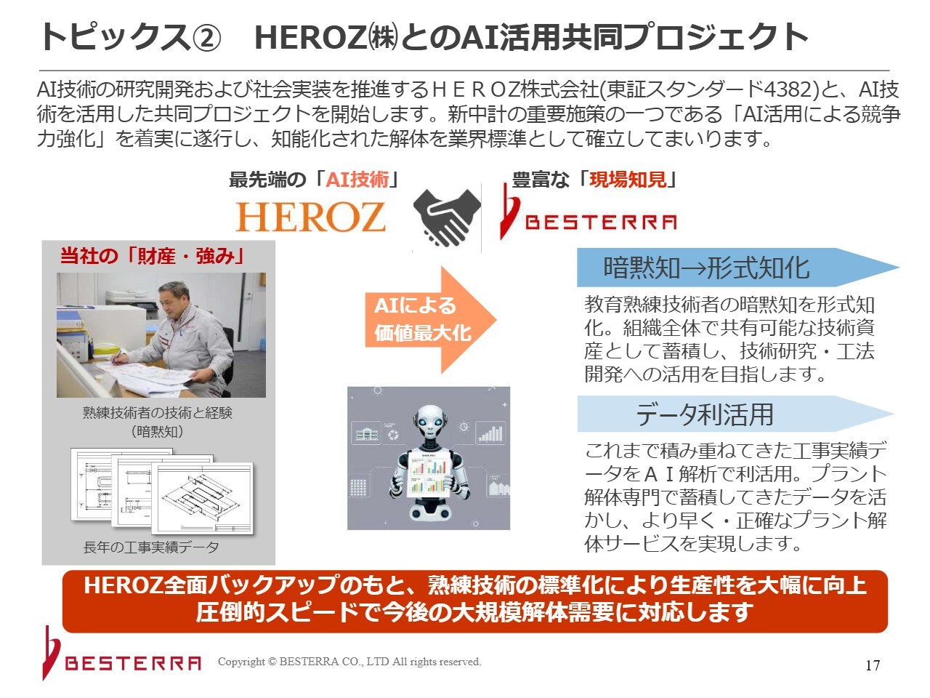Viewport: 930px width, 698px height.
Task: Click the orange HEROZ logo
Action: (x=310, y=217)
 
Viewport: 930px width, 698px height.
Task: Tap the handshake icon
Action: (x=447, y=217)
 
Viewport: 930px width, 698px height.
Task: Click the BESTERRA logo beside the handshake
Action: (x=589, y=212)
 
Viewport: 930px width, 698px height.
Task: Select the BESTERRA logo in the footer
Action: (x=122, y=653)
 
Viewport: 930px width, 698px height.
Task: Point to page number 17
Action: (x=873, y=665)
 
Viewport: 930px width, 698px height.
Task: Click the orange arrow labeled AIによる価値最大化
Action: (x=430, y=319)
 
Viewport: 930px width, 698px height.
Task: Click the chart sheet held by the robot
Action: (x=428, y=474)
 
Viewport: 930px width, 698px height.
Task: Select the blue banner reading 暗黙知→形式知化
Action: (x=737, y=268)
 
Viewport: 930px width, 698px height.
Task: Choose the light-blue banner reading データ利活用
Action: (x=735, y=414)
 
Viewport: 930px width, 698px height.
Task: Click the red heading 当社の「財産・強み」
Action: (x=153, y=256)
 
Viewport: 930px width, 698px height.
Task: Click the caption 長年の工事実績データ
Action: (x=151, y=547)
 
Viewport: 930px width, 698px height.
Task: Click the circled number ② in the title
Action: (x=207, y=38)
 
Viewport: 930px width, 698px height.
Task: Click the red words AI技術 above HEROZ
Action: (x=357, y=180)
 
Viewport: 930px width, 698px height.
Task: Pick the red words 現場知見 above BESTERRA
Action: (x=628, y=180)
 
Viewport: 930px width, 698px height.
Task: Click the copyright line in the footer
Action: (x=349, y=662)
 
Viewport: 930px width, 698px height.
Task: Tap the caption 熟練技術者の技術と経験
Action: (x=157, y=412)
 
